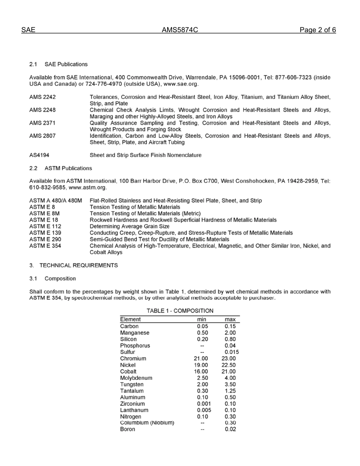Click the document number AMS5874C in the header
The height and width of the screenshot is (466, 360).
(x=180, y=30)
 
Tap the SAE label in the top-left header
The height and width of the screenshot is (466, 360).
(x=28, y=30)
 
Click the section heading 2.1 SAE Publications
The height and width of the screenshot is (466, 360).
(x=58, y=64)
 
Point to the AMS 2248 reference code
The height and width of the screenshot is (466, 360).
(x=42, y=110)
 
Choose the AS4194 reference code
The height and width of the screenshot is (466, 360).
(x=39, y=155)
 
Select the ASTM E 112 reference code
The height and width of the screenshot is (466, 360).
(x=45, y=226)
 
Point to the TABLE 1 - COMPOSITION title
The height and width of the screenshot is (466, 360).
(x=180, y=311)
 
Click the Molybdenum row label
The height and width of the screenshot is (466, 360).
(x=136, y=378)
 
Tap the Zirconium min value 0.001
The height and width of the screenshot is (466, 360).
(x=204, y=404)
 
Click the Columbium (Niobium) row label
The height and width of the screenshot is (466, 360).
(x=147, y=422)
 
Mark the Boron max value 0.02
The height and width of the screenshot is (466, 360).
(x=230, y=429)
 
